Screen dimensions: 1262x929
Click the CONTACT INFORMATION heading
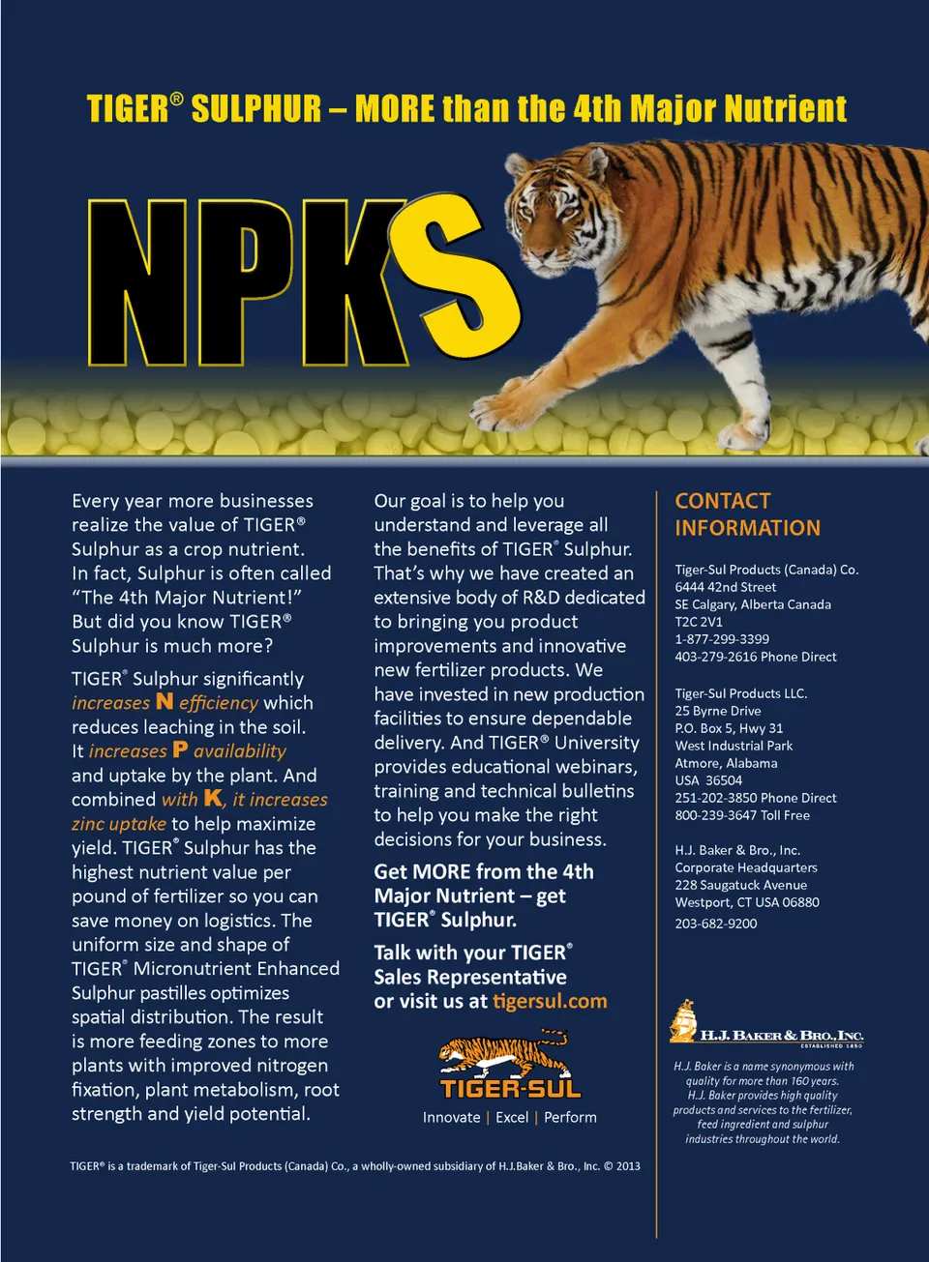click(x=747, y=514)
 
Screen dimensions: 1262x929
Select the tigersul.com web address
click(x=550, y=1001)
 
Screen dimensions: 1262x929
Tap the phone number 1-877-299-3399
click(x=722, y=639)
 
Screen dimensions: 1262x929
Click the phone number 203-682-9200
click(x=716, y=924)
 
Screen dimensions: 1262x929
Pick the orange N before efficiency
click(x=165, y=701)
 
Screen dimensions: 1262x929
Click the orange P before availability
click(x=180, y=749)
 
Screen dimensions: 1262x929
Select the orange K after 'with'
click(x=213, y=798)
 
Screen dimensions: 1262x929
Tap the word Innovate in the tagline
click(x=451, y=1117)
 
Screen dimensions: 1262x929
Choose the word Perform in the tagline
click(x=570, y=1117)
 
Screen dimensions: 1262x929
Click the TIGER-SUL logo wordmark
click(x=510, y=1089)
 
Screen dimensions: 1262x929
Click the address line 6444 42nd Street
click(x=725, y=587)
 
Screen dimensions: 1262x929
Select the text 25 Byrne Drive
click(x=718, y=711)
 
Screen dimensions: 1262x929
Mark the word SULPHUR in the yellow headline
click(x=256, y=108)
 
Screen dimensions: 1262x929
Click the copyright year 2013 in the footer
click(x=628, y=1166)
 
